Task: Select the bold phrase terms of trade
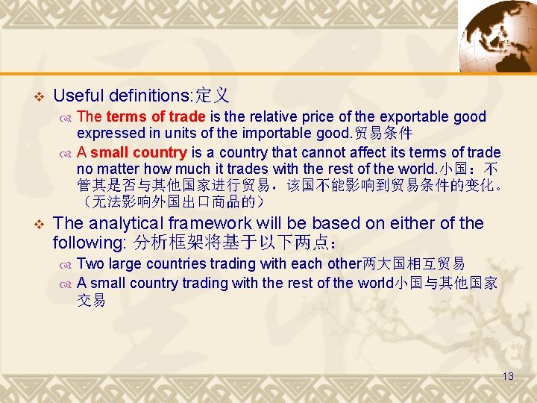[x=156, y=116]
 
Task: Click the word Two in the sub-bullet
[x=90, y=263]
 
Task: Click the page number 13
[x=508, y=376]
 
